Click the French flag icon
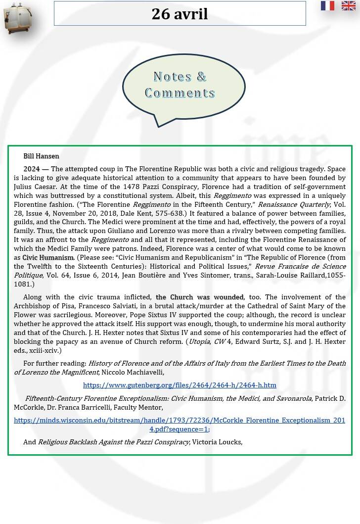[327, 6]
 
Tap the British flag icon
[348, 6]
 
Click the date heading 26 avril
[180, 14]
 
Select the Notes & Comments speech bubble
[183, 85]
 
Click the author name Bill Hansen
[41, 156]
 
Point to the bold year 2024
[31, 169]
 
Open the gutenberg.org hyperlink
[180, 385]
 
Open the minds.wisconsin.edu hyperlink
[180, 425]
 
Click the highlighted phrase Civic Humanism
[48, 258]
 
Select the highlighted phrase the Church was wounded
[200, 297]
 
